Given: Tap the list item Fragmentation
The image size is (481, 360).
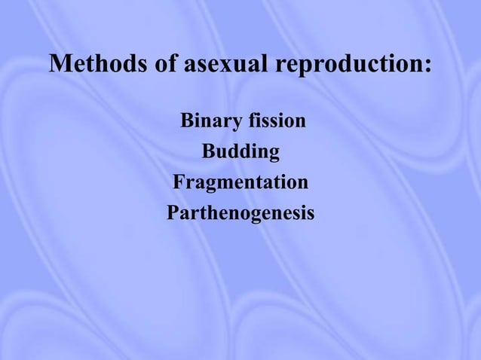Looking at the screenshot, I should (x=240, y=183).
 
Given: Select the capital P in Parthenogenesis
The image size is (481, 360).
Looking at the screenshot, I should (x=173, y=214).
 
